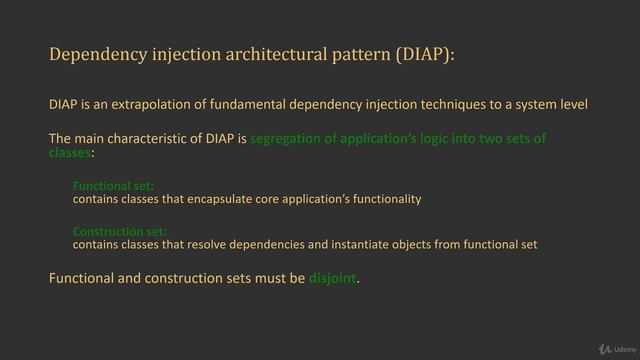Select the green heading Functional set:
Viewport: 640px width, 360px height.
(x=106, y=186)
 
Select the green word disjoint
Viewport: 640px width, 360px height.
(x=331, y=278)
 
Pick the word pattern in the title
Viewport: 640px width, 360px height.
(x=345, y=53)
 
